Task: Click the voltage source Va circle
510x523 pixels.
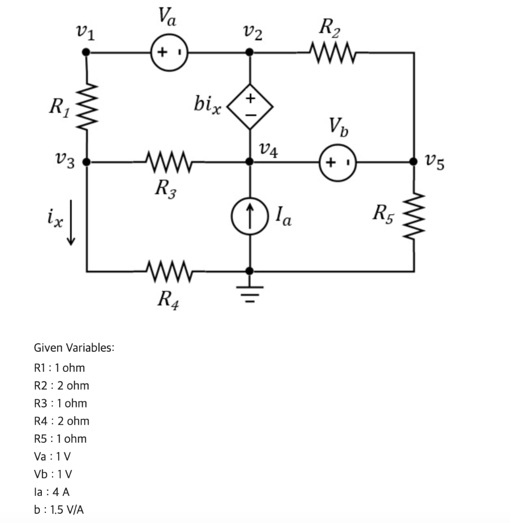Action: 169,52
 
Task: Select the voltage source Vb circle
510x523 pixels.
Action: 337,162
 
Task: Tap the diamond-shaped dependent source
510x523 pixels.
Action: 250,106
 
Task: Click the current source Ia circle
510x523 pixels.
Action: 250,210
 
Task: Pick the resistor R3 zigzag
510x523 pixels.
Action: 169,162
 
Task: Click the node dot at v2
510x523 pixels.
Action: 250,52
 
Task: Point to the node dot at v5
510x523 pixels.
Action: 414,162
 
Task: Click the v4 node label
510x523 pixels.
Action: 269,150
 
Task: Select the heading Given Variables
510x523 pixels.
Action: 74,348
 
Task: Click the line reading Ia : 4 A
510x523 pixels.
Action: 51,492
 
